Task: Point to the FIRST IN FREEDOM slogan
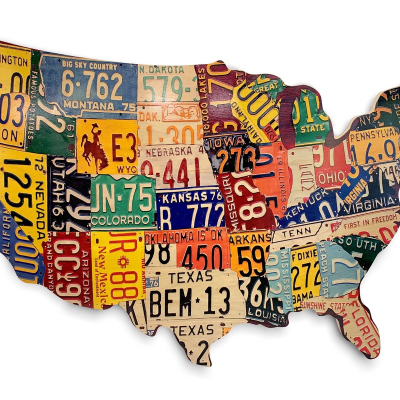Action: point(370,218)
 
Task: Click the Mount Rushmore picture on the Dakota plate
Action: point(180,113)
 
